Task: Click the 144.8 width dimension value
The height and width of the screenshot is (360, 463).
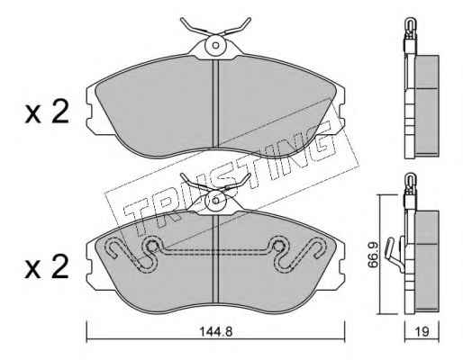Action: (216, 331)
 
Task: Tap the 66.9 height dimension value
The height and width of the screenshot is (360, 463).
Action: (373, 255)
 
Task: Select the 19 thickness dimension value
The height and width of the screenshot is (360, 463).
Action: (422, 331)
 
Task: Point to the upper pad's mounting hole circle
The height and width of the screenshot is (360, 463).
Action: (215, 45)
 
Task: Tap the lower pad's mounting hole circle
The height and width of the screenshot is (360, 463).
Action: (215, 201)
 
